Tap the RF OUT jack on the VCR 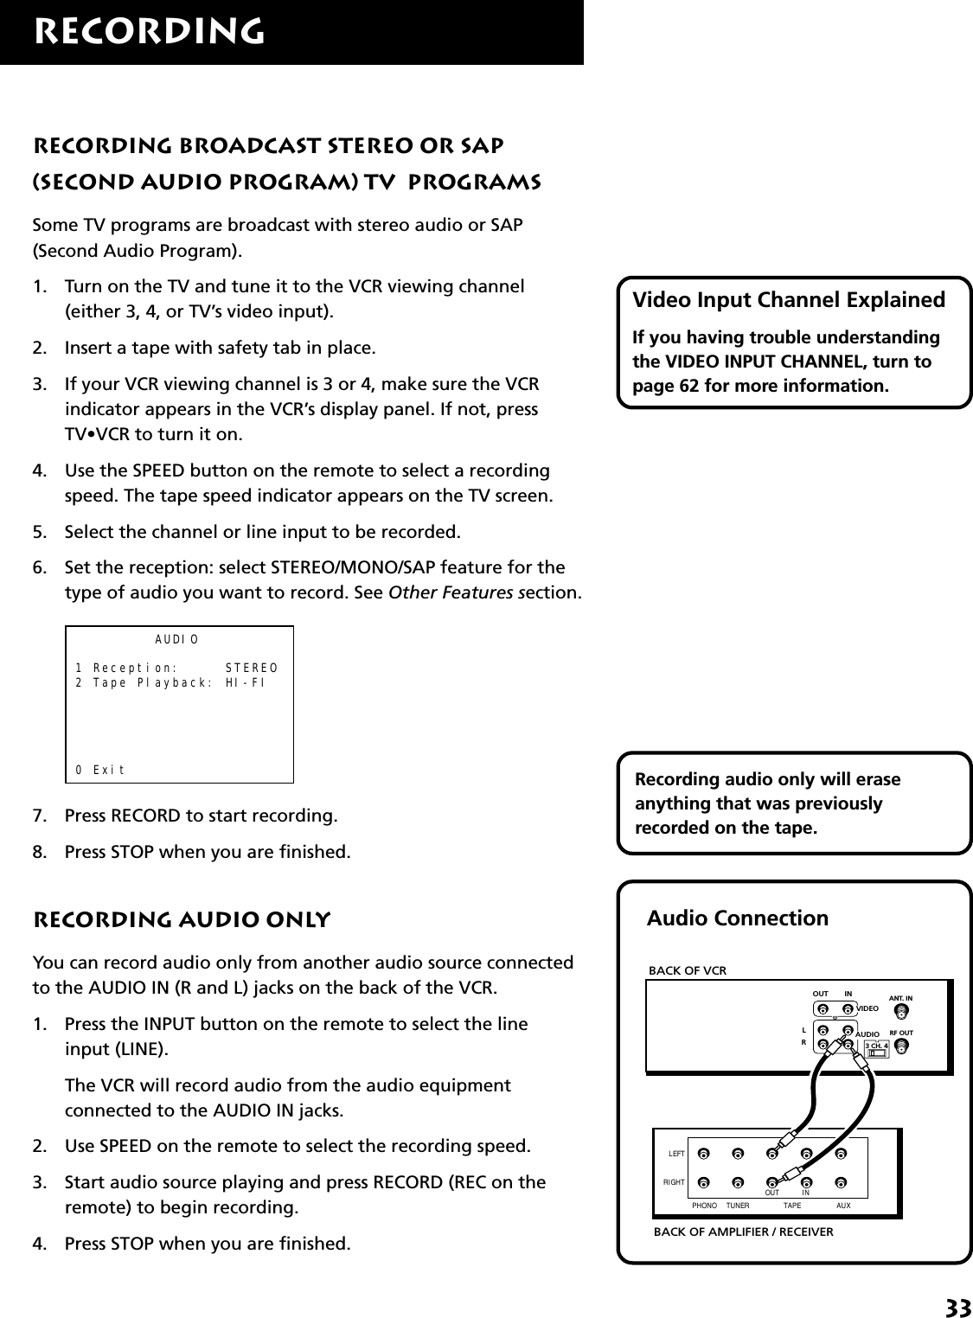(901, 1046)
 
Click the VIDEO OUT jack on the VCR (823, 1008)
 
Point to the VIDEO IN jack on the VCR (848, 1008)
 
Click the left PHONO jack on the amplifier (704, 1153)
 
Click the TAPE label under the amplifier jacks (791, 1205)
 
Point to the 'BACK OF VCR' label (688, 970)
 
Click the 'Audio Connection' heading (737, 918)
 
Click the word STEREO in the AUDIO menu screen (251, 668)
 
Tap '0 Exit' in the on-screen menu (100, 769)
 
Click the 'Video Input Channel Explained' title (789, 300)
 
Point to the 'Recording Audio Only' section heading (181, 919)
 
